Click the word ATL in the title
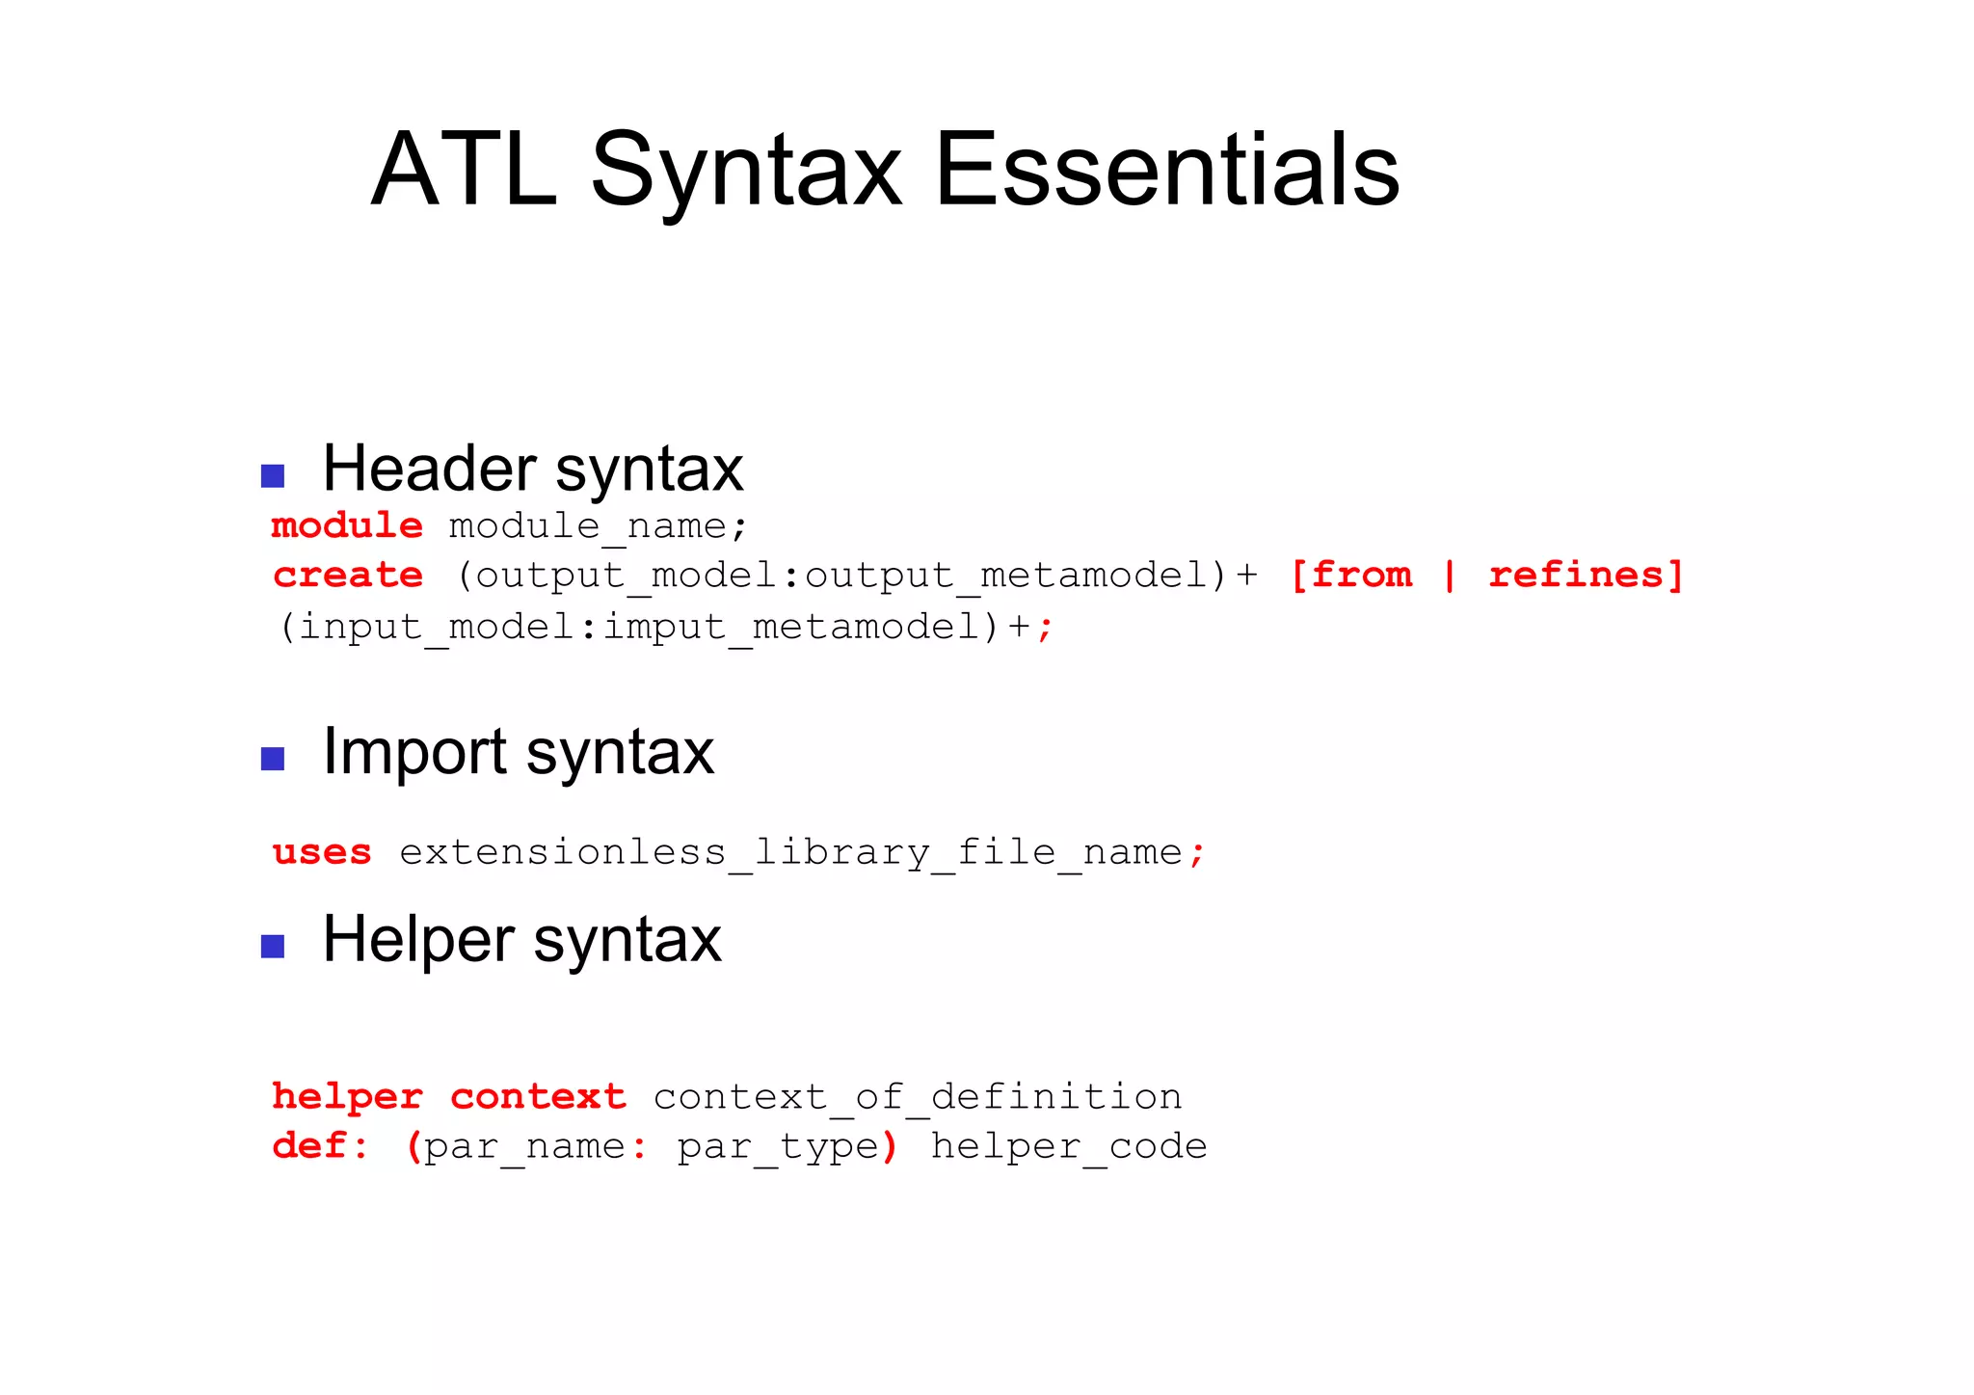click(x=464, y=170)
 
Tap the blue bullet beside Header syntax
click(x=273, y=475)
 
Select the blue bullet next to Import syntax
click(x=273, y=759)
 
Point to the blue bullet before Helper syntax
click(x=273, y=946)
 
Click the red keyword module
click(x=347, y=525)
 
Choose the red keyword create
click(x=348, y=576)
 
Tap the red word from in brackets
click(x=1361, y=575)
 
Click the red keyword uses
click(x=322, y=852)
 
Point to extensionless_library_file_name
click(x=790, y=852)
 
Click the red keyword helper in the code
click(x=347, y=1097)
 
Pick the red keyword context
click(x=538, y=1097)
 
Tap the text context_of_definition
click(x=917, y=1097)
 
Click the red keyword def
click(x=309, y=1146)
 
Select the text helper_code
click(x=1068, y=1146)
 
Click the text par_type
click(x=779, y=1146)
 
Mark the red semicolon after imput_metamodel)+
click(x=1046, y=629)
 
